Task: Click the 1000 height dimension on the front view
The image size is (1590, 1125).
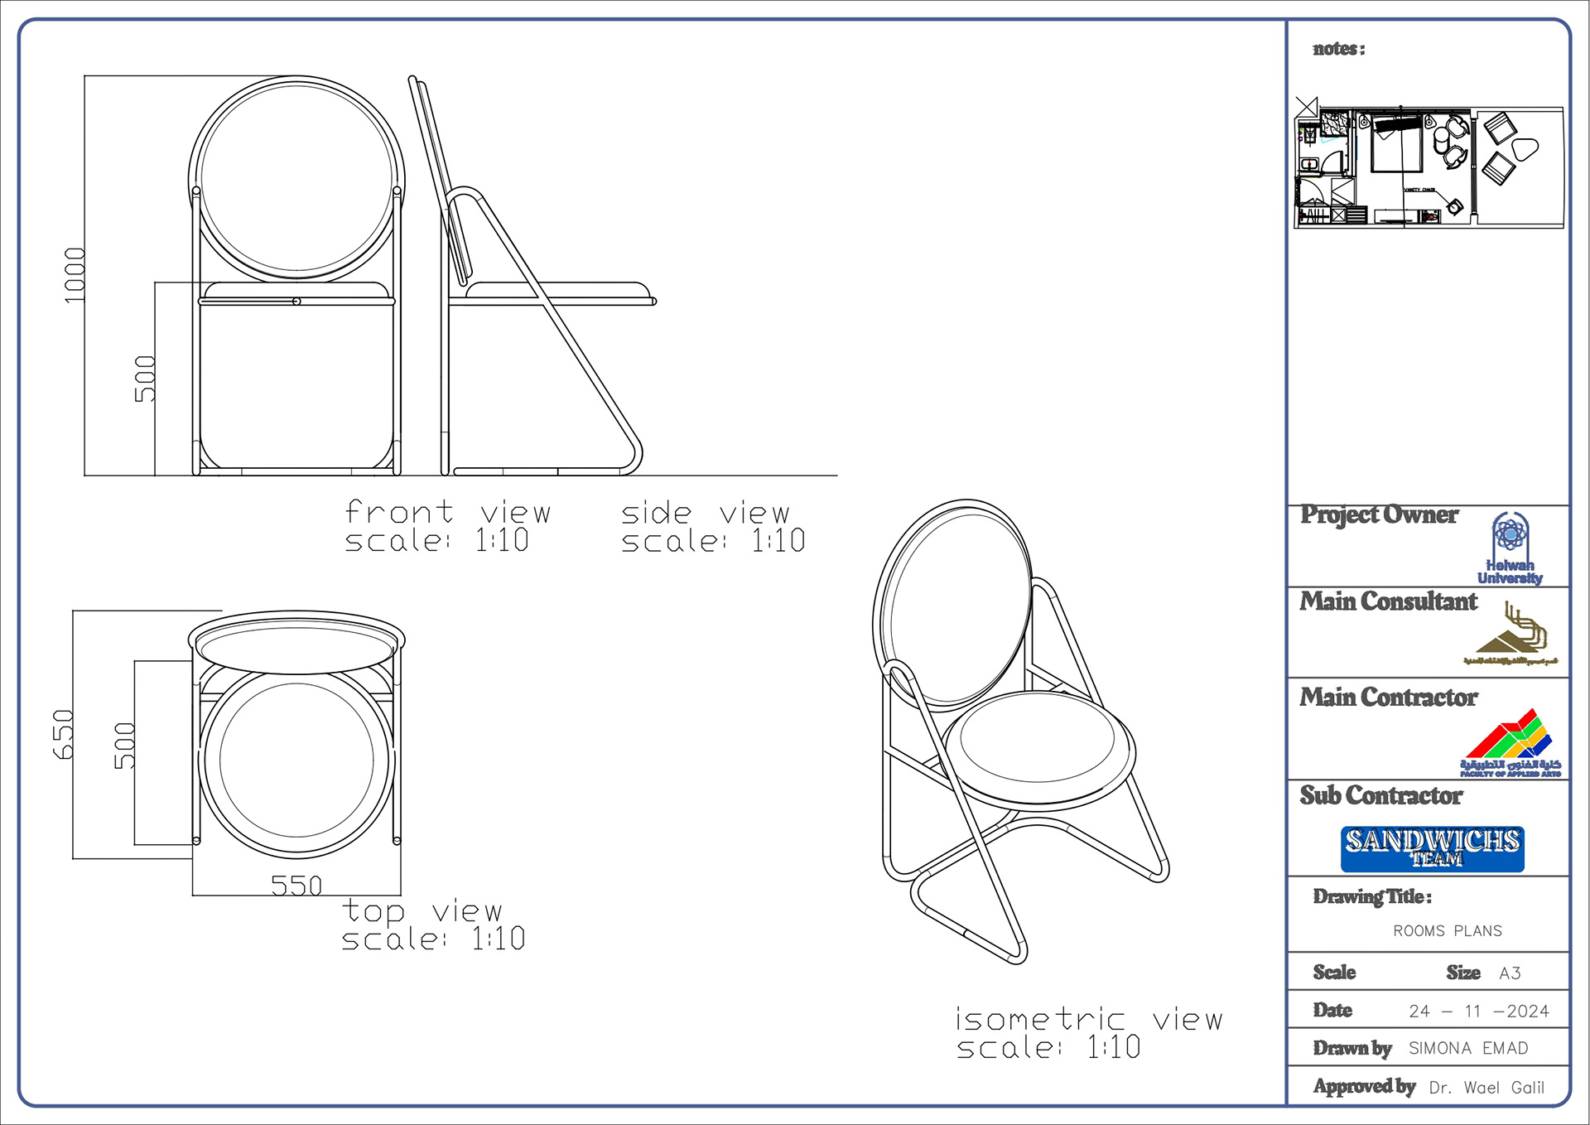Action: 75,275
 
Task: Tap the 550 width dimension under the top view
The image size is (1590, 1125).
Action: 296,886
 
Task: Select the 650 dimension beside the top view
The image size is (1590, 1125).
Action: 63,734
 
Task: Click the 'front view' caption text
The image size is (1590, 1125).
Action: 447,513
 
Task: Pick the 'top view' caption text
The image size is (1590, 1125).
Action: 422,911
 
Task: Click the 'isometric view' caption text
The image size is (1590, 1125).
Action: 1089,1020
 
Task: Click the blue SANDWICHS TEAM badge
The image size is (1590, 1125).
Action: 1432,848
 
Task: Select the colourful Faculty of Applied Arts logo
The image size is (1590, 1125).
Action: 1510,743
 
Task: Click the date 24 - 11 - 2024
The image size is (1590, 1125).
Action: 1478,1012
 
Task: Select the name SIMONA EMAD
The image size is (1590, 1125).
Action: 1468,1049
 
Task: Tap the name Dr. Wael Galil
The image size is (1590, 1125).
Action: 1486,1088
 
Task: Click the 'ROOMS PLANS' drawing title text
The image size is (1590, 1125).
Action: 1447,931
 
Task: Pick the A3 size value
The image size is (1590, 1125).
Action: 1510,973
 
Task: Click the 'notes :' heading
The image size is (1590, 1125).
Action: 1338,49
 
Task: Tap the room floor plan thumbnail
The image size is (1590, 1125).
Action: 1429,167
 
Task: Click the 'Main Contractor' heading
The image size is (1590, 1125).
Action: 1388,698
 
